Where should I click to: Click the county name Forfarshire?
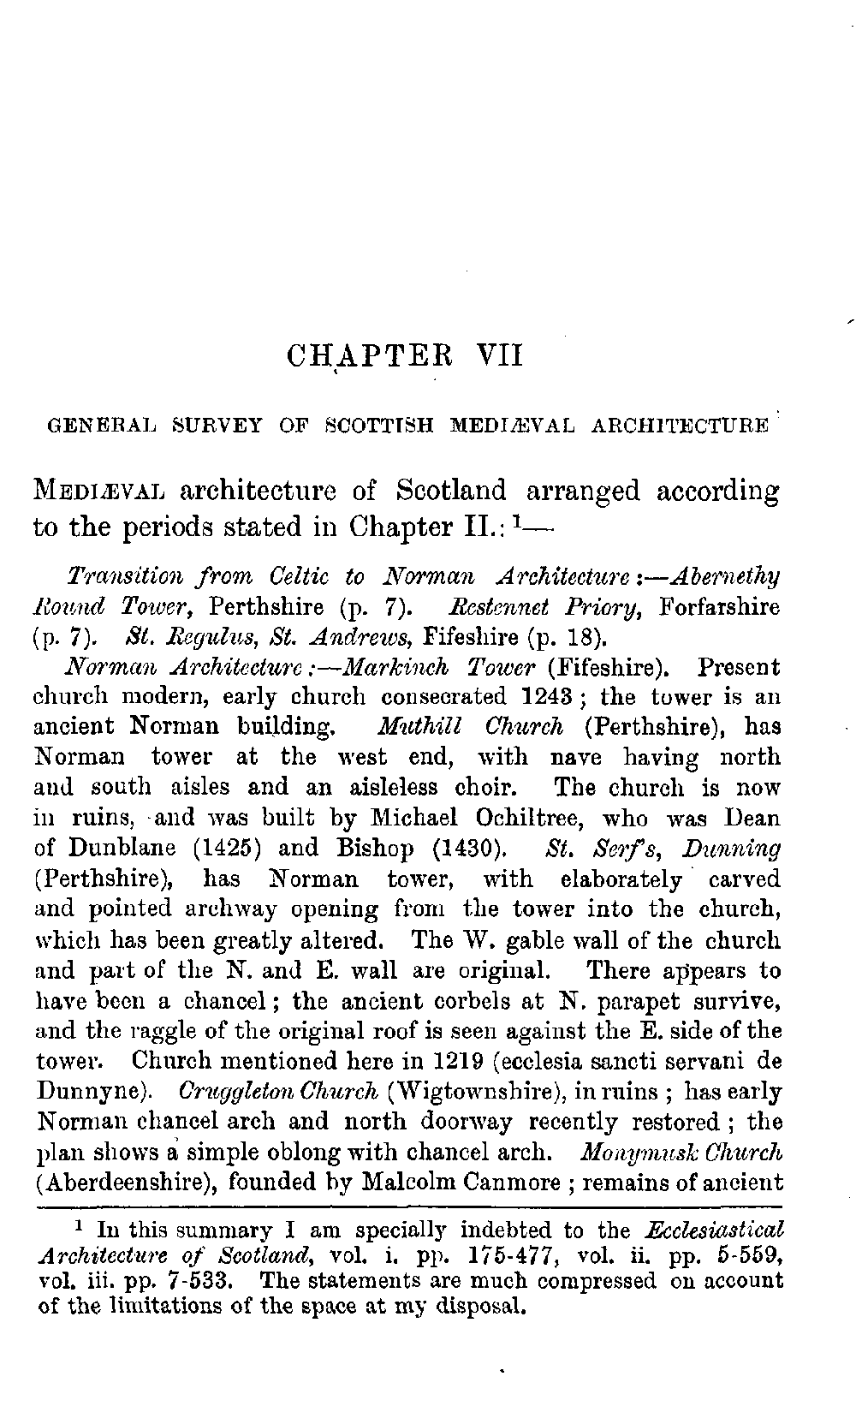click(x=720, y=607)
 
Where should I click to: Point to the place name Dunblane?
click(x=118, y=848)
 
